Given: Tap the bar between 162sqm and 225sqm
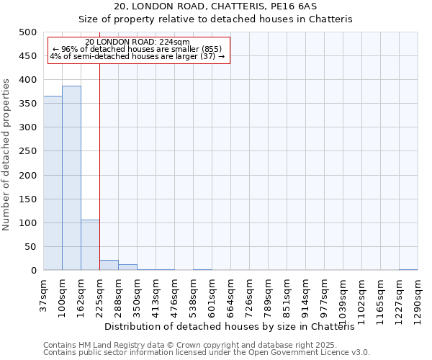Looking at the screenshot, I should [90, 245].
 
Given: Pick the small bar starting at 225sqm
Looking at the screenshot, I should [109, 265].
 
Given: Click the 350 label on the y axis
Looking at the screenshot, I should [28, 104].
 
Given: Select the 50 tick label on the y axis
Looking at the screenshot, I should [31, 247].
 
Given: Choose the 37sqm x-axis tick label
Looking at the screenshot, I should [43, 293].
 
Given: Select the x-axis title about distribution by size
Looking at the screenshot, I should [235, 326].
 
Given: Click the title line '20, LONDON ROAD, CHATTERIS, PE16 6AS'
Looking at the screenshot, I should [215, 6].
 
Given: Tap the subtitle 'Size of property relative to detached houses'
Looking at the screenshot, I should [215, 19].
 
